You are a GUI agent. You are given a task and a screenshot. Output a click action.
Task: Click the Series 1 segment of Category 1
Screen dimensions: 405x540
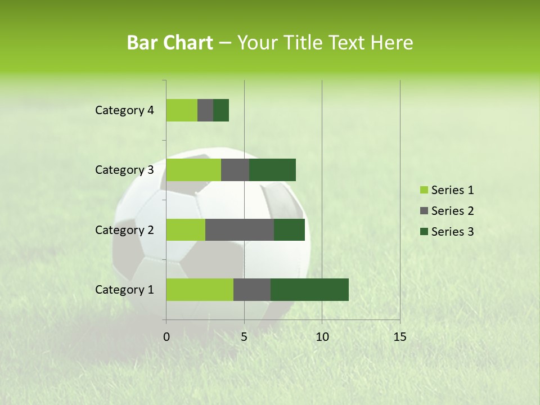click(x=200, y=290)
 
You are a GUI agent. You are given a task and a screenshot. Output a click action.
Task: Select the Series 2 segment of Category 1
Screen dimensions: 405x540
click(x=252, y=290)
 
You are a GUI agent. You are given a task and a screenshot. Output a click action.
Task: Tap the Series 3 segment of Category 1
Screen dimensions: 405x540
click(x=309, y=290)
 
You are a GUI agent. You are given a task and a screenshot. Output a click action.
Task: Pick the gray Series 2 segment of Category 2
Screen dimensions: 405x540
click(x=240, y=229)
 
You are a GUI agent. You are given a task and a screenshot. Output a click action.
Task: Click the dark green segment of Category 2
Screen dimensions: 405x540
click(x=289, y=229)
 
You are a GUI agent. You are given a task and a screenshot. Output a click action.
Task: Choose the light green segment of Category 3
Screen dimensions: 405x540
click(x=193, y=170)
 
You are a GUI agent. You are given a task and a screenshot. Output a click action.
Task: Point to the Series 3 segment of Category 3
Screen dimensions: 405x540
click(x=272, y=170)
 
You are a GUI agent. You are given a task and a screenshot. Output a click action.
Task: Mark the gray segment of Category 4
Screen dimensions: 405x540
click(x=205, y=110)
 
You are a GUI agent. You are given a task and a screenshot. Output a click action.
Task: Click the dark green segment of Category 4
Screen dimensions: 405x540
click(x=221, y=110)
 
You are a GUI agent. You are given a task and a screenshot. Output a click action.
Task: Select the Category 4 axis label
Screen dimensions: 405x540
click(x=124, y=110)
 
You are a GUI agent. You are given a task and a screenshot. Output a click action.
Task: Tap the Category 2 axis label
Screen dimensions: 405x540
click(x=124, y=230)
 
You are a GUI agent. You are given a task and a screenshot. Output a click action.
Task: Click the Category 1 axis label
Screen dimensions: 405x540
click(x=124, y=290)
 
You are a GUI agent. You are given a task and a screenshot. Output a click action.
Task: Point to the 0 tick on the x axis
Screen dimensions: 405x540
click(x=166, y=337)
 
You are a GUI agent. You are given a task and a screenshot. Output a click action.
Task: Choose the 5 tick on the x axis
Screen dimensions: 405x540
click(x=244, y=337)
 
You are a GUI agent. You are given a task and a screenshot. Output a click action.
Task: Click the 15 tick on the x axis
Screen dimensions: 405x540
click(x=399, y=337)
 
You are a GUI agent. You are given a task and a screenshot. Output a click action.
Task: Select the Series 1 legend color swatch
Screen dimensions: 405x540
click(x=424, y=190)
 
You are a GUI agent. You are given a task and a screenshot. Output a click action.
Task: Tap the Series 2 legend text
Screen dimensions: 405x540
click(x=452, y=211)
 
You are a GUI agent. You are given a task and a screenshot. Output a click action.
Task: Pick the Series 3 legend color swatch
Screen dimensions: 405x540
click(x=424, y=232)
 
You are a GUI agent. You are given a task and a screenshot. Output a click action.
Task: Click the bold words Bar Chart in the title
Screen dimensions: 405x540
click(x=170, y=43)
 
